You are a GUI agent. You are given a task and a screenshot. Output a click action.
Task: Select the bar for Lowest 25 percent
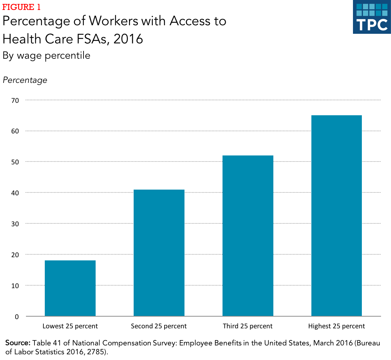[70, 288]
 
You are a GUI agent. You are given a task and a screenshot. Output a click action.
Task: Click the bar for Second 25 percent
[159, 253]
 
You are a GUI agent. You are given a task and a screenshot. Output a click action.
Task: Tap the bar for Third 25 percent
[248, 235]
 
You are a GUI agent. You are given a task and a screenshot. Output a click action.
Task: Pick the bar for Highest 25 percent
[336, 216]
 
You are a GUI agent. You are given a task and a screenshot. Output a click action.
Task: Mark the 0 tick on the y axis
[17, 317]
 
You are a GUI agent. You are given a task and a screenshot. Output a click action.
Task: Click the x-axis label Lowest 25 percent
[70, 326]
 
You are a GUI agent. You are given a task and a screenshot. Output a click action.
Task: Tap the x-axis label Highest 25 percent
[336, 326]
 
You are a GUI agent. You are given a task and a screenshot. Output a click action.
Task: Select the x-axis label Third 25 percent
[248, 326]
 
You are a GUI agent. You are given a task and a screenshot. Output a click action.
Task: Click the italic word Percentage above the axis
[25, 80]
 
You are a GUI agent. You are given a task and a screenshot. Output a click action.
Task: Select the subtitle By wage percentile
[46, 55]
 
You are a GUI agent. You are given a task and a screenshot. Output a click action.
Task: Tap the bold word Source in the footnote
[17, 343]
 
